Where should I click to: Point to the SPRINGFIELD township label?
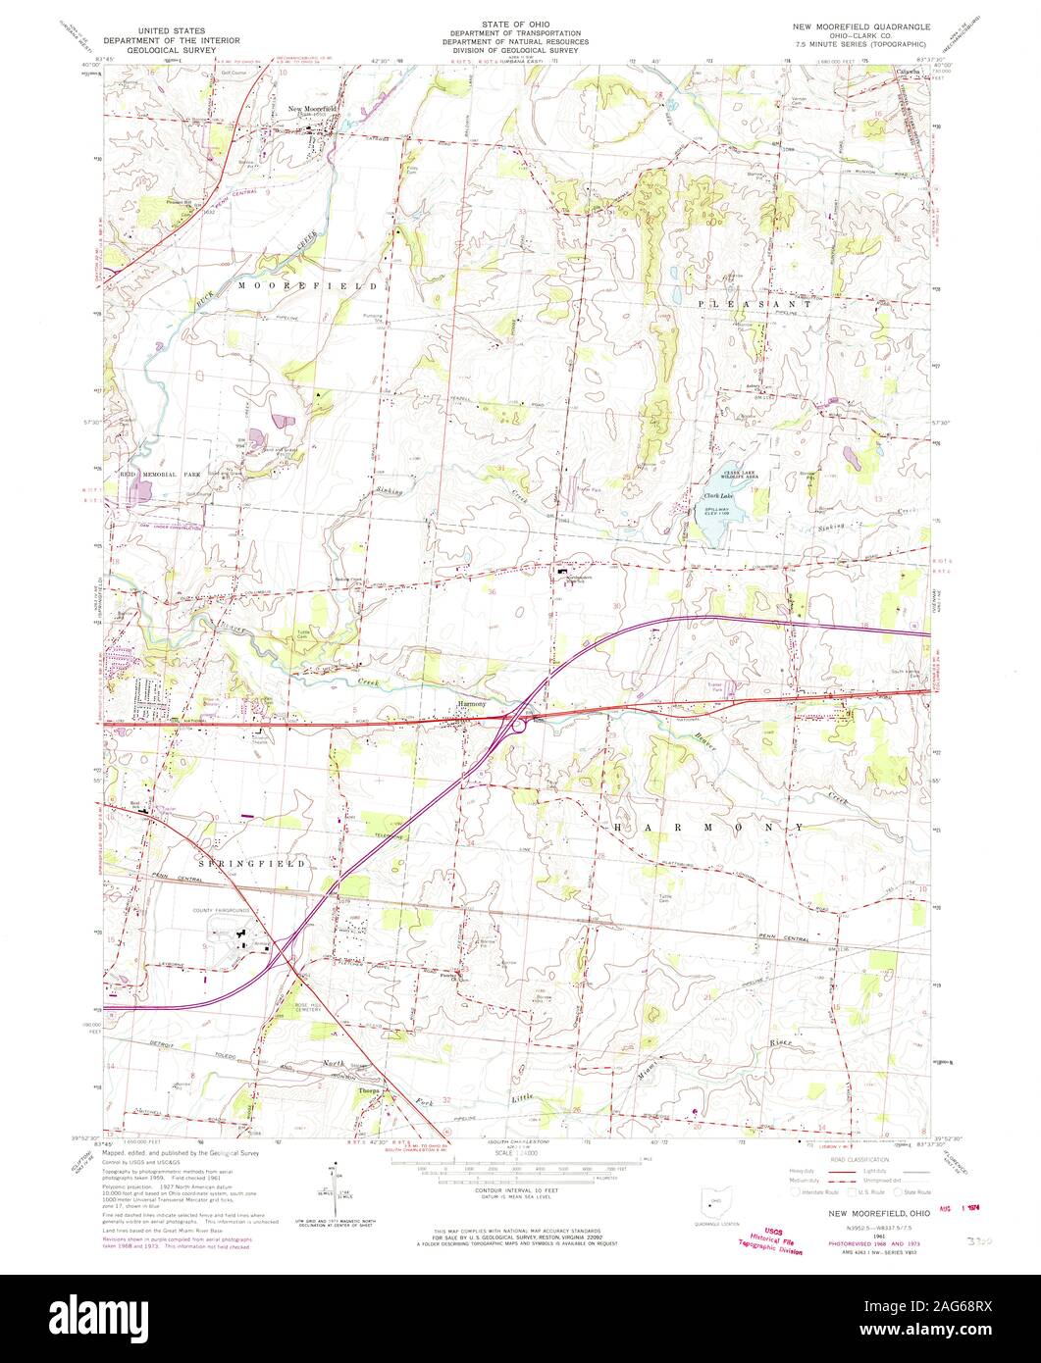pyautogui.click(x=252, y=863)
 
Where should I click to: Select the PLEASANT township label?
pyautogui.click(x=754, y=305)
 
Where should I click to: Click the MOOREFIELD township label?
pyautogui.click(x=306, y=284)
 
